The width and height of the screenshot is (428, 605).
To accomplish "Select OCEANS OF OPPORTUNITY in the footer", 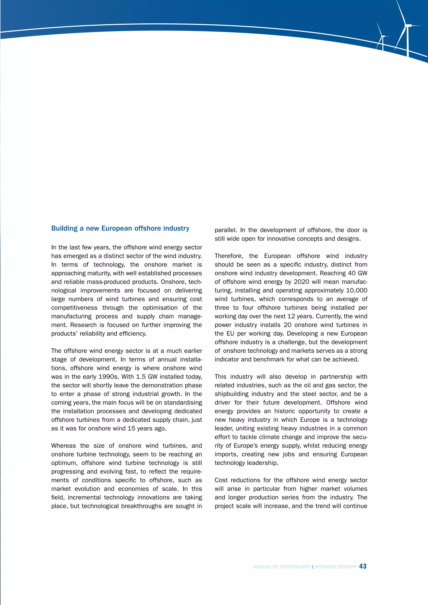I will coord(282,567).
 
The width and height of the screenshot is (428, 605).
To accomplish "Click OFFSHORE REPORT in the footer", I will coord(335,567).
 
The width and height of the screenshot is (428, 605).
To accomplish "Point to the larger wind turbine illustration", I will coord(407,29).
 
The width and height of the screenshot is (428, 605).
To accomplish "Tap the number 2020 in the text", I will coord(301,282).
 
